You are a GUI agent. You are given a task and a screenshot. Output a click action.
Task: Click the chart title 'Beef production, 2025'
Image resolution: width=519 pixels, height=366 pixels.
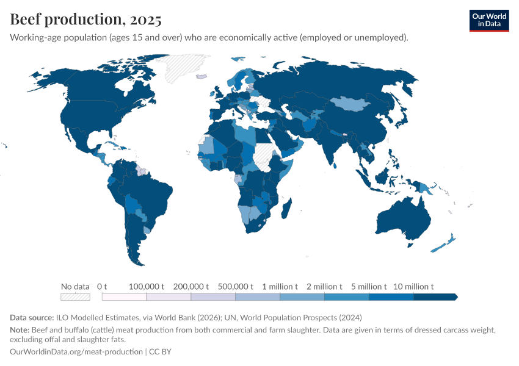[86, 20]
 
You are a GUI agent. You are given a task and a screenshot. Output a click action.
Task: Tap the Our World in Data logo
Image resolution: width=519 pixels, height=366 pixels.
[488, 20]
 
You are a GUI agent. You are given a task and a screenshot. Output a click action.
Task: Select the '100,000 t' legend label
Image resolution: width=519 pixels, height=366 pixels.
[147, 287]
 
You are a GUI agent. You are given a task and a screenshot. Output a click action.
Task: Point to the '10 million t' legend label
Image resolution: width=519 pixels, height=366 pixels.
[413, 287]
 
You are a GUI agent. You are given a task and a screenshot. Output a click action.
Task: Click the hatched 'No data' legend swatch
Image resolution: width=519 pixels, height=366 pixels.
[75, 297]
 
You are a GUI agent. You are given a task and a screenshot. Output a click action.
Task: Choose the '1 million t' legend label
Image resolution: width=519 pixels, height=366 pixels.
[280, 287]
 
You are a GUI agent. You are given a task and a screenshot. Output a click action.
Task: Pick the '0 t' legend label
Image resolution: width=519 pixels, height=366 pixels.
[102, 287]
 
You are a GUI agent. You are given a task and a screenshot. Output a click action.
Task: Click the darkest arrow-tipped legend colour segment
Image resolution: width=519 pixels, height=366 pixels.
[435, 297]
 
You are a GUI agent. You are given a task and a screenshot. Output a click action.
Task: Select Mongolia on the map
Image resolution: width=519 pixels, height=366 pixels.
[357, 104]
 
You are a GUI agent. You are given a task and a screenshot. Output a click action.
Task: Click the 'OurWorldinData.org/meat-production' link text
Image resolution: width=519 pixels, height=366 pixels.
[76, 352]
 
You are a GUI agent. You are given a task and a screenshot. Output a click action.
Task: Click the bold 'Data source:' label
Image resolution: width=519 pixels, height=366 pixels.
[32, 318]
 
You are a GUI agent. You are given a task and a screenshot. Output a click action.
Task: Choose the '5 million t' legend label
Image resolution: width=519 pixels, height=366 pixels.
[369, 287]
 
